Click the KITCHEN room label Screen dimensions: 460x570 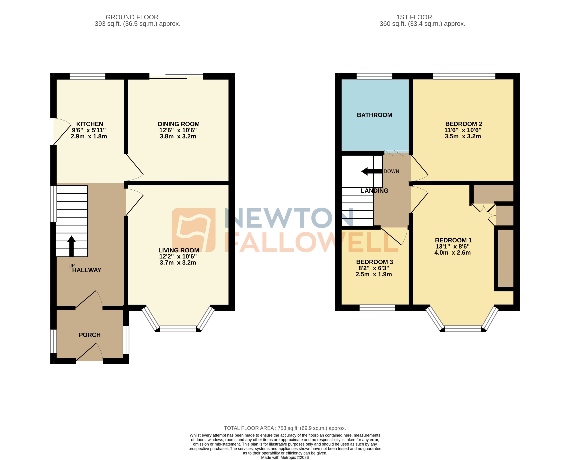pyautogui.click(x=90, y=124)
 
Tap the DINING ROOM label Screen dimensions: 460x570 pyautogui.click(x=179, y=124)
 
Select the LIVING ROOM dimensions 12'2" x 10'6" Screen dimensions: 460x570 pyautogui.click(x=178, y=256)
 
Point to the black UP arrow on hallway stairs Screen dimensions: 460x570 pyautogui.click(x=71, y=246)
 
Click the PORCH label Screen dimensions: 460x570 pyautogui.click(x=90, y=335)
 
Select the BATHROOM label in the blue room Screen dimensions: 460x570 pyautogui.click(x=374, y=115)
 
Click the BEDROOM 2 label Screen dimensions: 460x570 pyautogui.click(x=464, y=124)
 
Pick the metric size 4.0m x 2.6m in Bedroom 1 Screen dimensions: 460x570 pyautogui.click(x=452, y=252)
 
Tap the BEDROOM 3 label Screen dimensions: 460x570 pyautogui.click(x=374, y=262)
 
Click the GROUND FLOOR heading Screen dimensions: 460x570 pyautogui.click(x=132, y=17)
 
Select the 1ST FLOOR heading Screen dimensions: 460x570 pyautogui.click(x=414, y=17)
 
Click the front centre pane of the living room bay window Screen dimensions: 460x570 pyautogui.click(x=178, y=329)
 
